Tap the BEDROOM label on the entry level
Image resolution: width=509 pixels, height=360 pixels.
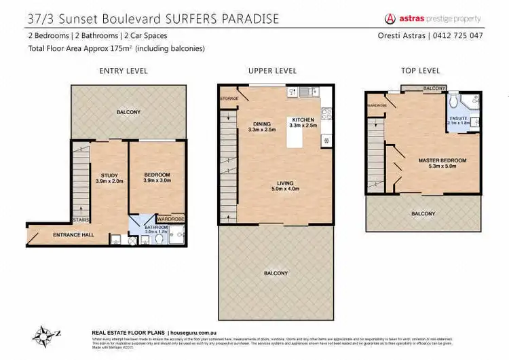point(157,175)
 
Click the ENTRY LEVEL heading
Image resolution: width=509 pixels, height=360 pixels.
point(124,71)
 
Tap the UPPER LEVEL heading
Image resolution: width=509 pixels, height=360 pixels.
point(273,71)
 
